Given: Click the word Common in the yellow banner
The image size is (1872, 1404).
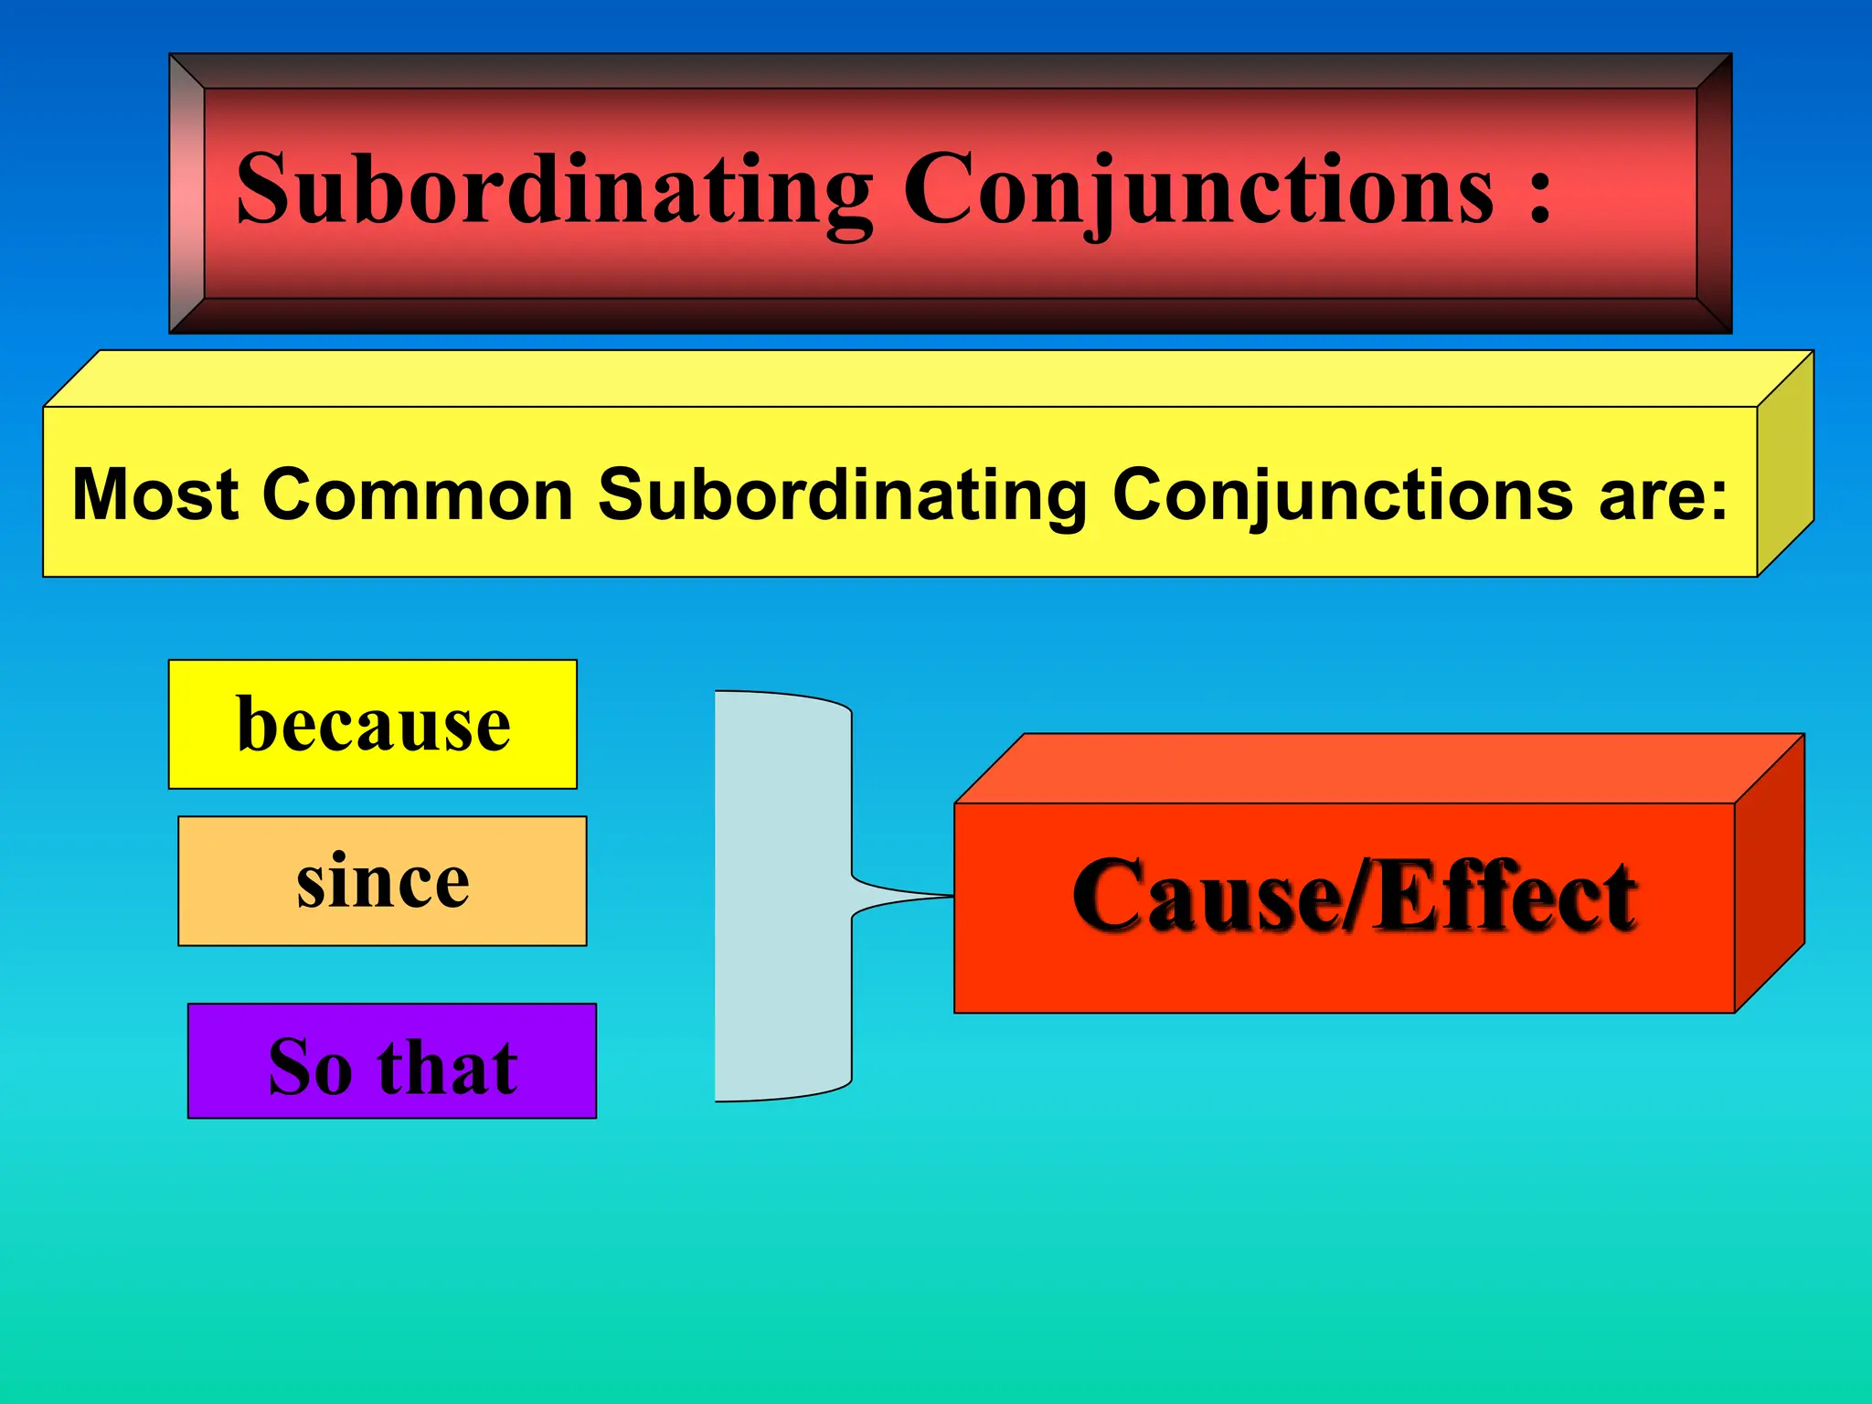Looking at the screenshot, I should pyautogui.click(x=418, y=495).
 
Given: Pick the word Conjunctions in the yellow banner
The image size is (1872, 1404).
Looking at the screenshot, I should pyautogui.click(x=1343, y=495).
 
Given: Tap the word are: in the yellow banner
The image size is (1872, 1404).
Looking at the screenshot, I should pyautogui.click(x=1664, y=495).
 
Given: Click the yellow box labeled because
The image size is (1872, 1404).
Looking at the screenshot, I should pyautogui.click(x=373, y=724).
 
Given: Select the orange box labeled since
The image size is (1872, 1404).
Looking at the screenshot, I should pyautogui.click(x=382, y=880).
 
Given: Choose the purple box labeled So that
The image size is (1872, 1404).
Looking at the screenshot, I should pyautogui.click(x=392, y=1060).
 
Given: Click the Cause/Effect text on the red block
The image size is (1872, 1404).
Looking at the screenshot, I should pyautogui.click(x=1354, y=896).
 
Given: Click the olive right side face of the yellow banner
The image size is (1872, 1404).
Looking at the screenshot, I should pyautogui.click(x=1785, y=464).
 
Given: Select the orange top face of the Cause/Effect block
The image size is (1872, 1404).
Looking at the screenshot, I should pyautogui.click(x=1371, y=769).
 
